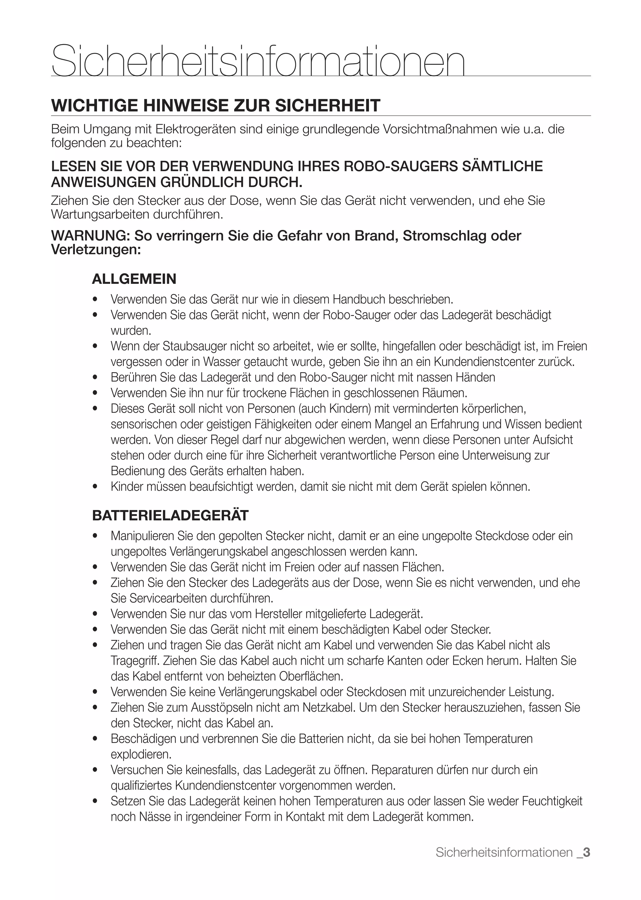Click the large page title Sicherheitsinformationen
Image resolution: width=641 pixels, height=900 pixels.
[258, 61]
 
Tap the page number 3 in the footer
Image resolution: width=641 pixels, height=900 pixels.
[587, 852]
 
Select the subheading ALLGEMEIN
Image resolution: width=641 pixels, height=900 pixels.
[134, 279]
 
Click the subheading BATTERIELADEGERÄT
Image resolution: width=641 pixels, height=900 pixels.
[170, 516]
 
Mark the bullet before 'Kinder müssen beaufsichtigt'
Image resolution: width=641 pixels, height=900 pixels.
[95, 487]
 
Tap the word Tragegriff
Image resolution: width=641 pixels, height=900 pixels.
[135, 661]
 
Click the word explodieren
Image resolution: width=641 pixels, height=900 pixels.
[141, 754]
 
